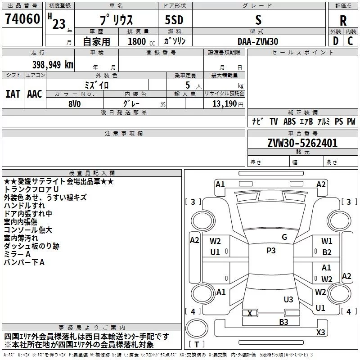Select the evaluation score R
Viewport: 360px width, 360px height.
click(343, 21)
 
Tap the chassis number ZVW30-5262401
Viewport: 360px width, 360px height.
click(302, 143)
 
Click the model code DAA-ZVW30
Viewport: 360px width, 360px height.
click(258, 41)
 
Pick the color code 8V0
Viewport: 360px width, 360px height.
click(75, 103)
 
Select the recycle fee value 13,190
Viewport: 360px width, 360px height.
click(225, 103)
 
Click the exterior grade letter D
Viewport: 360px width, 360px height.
click(336, 41)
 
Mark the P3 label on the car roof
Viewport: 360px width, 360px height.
click(271, 251)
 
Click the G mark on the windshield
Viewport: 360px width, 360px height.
click(284, 237)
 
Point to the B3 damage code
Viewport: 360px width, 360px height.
click(283, 322)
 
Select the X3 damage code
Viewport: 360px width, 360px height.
click(320, 332)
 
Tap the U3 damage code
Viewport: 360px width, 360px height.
click(288, 299)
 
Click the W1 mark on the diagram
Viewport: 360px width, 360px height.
click(327, 241)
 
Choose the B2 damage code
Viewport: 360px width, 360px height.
click(327, 252)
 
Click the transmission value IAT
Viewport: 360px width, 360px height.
click(13, 94)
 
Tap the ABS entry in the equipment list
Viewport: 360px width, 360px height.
click(289, 121)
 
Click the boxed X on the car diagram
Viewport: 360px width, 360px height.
click(250, 313)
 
